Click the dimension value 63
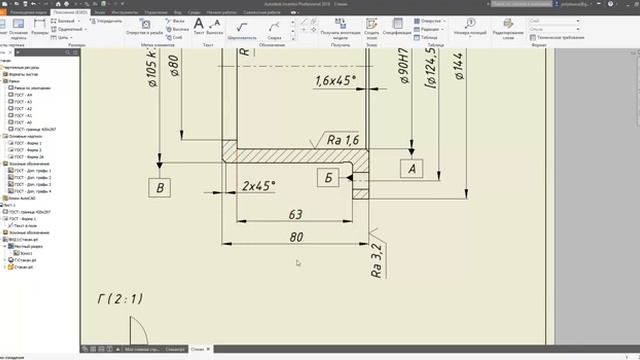coord(295,214)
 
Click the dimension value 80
coord(295,237)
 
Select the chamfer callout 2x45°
coord(258,186)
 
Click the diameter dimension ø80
coord(174,67)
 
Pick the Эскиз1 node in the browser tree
coord(27,254)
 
